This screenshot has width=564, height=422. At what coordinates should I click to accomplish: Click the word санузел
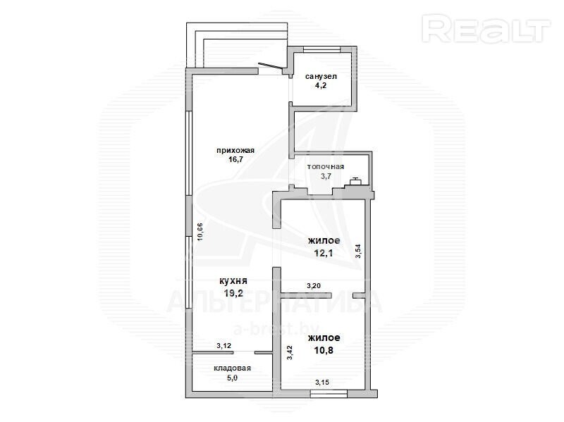click(x=321, y=77)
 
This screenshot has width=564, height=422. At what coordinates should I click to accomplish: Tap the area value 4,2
click(x=321, y=85)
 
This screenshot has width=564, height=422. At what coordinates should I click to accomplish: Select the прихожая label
click(x=235, y=151)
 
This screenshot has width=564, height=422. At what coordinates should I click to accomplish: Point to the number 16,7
click(x=235, y=160)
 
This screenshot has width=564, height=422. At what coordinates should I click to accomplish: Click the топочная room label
click(x=326, y=166)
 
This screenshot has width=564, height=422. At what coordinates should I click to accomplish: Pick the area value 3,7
click(x=326, y=176)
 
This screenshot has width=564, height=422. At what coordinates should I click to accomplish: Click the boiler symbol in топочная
click(x=357, y=182)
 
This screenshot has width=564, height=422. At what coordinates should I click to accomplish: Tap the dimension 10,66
click(x=200, y=232)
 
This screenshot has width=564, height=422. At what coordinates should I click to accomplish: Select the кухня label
click(x=233, y=282)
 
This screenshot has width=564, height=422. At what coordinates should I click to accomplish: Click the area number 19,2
click(x=233, y=293)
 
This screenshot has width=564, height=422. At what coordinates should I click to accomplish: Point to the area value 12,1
click(x=324, y=253)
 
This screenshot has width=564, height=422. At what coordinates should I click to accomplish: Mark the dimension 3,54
click(x=358, y=252)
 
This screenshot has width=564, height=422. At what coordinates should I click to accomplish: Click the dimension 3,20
click(x=314, y=286)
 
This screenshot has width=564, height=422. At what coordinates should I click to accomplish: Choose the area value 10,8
click(x=324, y=350)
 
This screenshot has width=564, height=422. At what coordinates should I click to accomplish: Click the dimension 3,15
click(x=323, y=383)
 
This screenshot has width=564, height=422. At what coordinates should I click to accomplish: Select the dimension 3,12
click(x=223, y=346)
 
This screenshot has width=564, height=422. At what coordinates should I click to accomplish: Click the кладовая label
click(x=233, y=368)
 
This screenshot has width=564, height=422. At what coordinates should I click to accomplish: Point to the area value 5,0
click(x=233, y=378)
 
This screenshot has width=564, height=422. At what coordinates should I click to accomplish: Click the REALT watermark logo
click(x=487, y=28)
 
